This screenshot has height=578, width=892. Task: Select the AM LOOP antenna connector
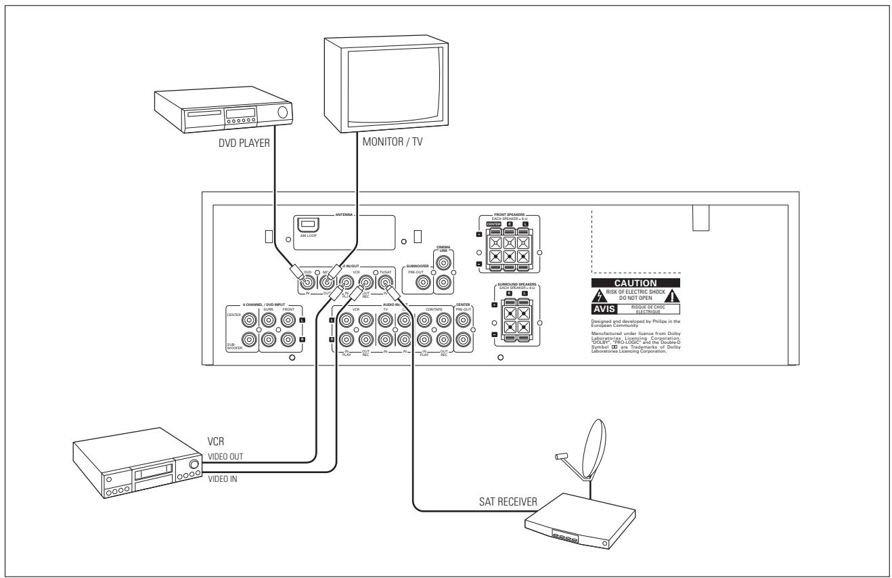(307, 223)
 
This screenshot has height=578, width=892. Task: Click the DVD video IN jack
(309, 282)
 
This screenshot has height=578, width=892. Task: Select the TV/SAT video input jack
(385, 282)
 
